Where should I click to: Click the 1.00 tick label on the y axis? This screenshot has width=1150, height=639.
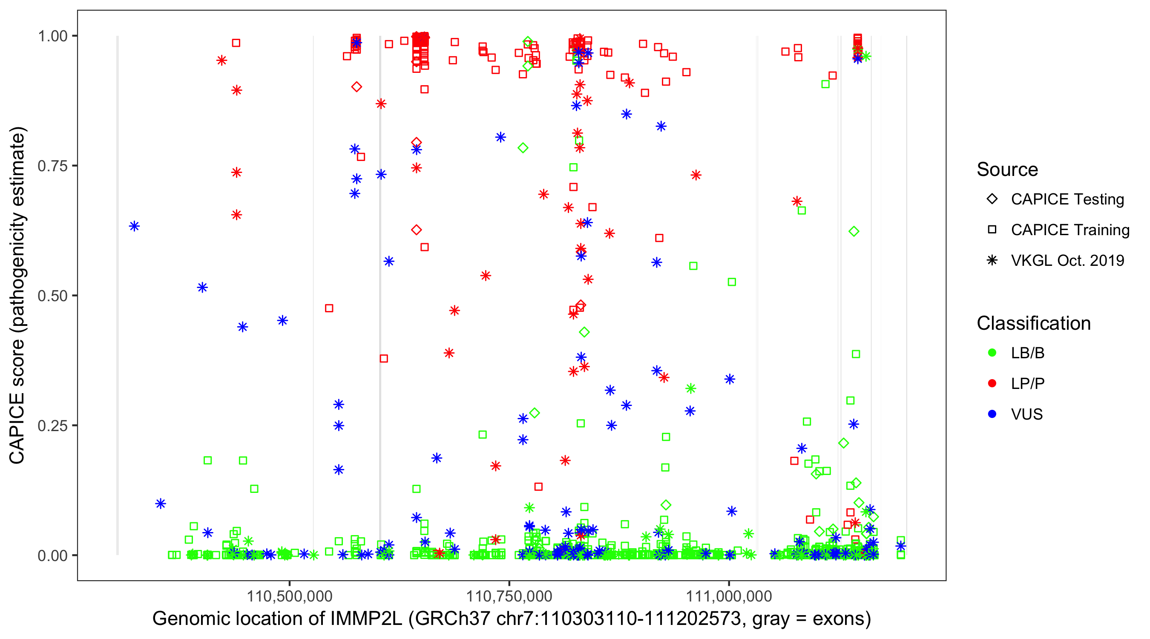click(52, 36)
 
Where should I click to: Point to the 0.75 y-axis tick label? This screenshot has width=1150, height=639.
click(52, 166)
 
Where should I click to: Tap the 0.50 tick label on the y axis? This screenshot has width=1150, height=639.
click(52, 296)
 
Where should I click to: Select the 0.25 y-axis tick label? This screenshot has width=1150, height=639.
click(52, 426)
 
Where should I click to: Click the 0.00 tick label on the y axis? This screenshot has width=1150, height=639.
click(52, 556)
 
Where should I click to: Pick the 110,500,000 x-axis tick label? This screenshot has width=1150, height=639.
click(290, 596)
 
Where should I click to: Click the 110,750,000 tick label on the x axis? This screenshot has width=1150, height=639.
click(509, 596)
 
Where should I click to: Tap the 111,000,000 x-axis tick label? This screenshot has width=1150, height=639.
click(729, 596)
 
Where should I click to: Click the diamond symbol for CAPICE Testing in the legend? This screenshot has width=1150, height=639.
click(992, 199)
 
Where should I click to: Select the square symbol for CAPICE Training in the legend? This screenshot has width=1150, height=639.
click(992, 230)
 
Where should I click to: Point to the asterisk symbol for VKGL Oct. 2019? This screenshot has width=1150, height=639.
click(992, 260)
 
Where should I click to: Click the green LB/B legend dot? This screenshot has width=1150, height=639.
click(992, 353)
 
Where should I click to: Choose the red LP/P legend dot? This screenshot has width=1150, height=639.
click(992, 383)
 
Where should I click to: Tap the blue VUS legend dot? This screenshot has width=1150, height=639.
click(992, 414)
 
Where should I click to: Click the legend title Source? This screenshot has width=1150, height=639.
click(1007, 170)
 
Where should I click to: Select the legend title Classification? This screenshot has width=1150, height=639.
click(1033, 323)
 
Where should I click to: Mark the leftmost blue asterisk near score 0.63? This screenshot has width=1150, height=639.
click(134, 226)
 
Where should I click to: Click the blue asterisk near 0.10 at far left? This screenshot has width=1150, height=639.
click(161, 504)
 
